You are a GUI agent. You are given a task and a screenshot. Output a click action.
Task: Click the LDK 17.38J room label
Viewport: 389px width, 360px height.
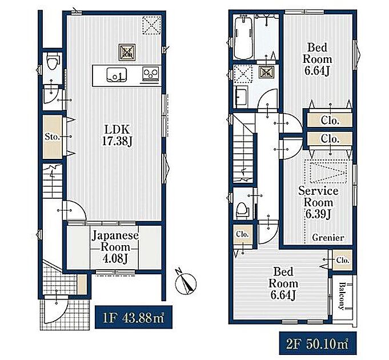116,135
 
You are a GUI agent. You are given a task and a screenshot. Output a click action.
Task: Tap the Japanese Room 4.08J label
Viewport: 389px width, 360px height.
115,247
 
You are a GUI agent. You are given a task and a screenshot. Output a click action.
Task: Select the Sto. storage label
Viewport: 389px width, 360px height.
53,137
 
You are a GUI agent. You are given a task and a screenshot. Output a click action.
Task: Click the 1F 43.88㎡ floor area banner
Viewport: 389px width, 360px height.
134,317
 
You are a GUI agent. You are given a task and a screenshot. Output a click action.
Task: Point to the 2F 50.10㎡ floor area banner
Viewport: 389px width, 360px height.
318,343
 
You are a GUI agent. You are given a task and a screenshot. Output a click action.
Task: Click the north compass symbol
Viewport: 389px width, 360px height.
186,283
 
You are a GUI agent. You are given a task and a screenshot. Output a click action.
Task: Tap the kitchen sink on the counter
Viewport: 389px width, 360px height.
117,74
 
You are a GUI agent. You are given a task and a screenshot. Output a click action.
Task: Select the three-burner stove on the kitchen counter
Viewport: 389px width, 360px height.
150,74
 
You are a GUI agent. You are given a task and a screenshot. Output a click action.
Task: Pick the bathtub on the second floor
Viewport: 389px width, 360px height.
243,38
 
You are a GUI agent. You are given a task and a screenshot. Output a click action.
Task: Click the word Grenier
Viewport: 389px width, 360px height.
328,238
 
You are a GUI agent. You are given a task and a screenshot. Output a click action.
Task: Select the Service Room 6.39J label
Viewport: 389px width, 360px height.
318,202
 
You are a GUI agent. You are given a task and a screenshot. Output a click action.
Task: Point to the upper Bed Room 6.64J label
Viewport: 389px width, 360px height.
317,59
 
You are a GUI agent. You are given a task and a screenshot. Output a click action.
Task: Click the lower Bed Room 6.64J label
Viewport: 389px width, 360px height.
283,283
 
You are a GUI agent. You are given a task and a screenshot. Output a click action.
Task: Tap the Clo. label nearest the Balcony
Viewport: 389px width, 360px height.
343,260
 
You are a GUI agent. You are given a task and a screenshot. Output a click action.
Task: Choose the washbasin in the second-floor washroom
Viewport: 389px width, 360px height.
241,97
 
